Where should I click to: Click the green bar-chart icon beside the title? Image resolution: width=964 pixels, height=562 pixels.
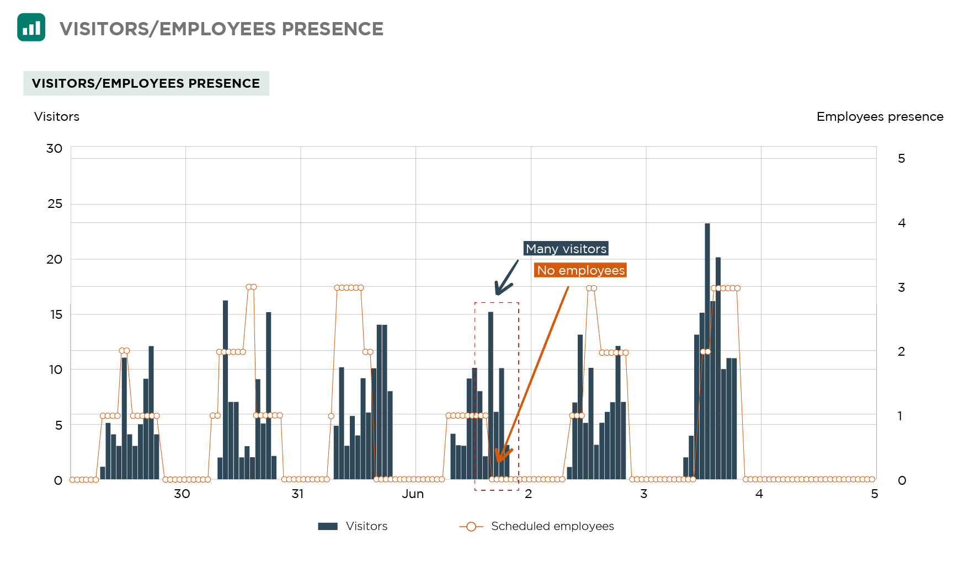(31, 28)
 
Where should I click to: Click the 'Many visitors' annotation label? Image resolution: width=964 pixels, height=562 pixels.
(566, 249)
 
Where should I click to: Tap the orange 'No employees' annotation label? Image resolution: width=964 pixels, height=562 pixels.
(580, 270)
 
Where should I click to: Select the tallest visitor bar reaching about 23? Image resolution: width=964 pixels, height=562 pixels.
(707, 351)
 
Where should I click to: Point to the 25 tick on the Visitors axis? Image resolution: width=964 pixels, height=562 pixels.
(55, 204)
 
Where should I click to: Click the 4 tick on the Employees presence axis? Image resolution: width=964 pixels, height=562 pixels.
(901, 223)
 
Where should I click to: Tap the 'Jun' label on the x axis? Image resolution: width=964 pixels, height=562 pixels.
(412, 494)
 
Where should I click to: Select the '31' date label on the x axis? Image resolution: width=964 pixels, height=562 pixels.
(297, 494)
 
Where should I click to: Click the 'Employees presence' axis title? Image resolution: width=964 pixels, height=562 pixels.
(879, 117)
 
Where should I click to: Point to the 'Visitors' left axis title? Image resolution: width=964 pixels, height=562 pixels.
(57, 117)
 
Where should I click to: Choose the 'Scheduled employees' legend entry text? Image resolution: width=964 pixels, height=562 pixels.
(552, 526)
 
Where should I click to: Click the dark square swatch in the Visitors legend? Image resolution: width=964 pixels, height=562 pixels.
(328, 526)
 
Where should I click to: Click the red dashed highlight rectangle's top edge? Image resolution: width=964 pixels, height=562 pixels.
(497, 303)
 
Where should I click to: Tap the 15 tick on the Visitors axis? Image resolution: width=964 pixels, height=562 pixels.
(56, 314)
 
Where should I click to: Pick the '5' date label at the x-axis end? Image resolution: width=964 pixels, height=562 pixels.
(874, 494)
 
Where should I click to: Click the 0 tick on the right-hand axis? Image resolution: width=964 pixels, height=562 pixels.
(902, 480)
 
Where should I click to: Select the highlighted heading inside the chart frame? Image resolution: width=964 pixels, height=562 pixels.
(146, 83)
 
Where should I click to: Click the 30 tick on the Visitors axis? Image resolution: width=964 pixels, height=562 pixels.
(54, 148)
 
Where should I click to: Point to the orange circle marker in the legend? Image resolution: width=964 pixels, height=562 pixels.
(471, 526)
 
